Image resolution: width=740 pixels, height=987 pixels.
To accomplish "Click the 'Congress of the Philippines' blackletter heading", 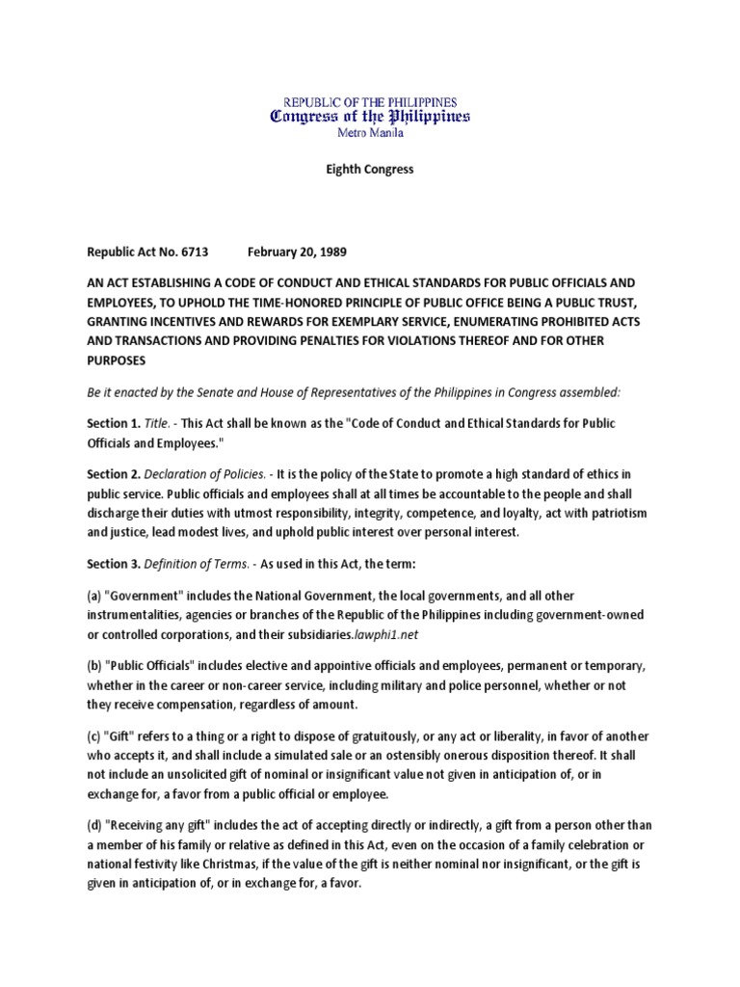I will [370, 117].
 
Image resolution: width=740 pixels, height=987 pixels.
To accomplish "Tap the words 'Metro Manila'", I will [370, 134].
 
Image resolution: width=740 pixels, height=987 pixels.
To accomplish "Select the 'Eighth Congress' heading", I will [369, 170].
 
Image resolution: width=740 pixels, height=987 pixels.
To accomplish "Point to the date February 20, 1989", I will [298, 253].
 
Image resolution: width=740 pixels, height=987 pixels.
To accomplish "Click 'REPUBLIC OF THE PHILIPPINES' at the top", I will [369, 101].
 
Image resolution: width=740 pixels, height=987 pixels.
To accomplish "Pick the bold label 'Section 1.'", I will [115, 423].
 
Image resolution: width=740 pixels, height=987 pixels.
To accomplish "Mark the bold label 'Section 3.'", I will [115, 562].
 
